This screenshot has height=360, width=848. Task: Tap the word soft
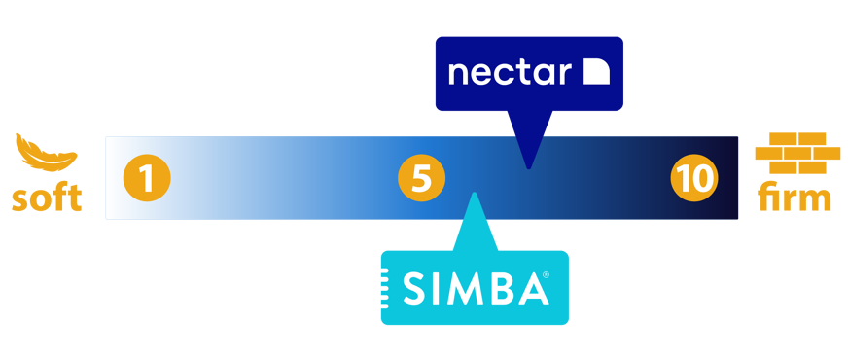pos(47,198)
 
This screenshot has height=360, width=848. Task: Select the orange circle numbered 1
pos(147,179)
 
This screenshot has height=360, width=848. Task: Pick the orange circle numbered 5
pos(421,179)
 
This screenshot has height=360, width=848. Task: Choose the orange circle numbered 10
pos(694,179)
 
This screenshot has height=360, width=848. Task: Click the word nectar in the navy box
pos(510,72)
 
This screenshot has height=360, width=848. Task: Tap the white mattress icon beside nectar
pos(595,72)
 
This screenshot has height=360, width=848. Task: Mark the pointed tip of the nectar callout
pos(528,167)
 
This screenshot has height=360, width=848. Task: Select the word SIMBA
pos(476,288)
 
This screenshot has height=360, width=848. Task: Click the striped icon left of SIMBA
pos(389,288)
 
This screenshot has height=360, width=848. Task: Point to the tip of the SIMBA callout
pos(474,194)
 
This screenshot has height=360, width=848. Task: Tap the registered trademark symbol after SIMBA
pos(546,275)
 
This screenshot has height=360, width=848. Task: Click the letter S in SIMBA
pos(412,288)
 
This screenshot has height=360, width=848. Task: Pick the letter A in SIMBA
pos(530,288)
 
